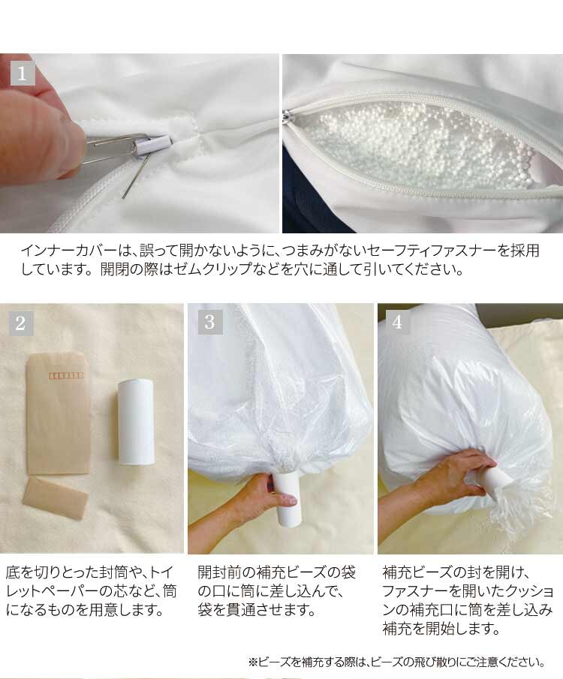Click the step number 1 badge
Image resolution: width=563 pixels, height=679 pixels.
point(23,74)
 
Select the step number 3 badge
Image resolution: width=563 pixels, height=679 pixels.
point(210,323)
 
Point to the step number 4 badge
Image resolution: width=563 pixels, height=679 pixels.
point(398,323)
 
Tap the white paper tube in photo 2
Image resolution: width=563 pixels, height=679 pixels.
point(136,421)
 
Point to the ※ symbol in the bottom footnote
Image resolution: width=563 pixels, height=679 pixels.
point(253,662)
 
